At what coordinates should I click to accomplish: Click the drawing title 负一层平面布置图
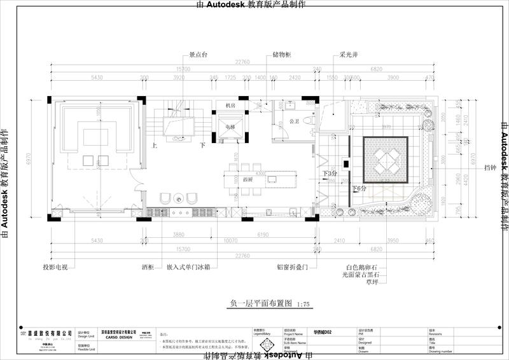coord(253,305)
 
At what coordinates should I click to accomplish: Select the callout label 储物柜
coord(281,55)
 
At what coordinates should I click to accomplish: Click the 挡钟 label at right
coord(489,167)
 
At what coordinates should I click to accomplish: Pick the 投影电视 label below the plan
coord(55,268)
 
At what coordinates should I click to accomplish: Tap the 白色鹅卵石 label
coord(361,268)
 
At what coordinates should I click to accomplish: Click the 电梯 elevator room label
coord(230,127)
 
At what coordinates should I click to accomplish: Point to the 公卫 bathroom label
coord(294,121)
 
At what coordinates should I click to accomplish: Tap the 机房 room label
coord(230,106)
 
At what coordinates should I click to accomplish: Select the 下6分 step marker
coord(360,189)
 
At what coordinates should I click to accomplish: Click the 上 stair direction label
coord(155,146)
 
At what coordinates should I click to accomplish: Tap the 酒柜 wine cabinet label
coord(147,268)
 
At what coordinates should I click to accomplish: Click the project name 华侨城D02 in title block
coord(323,331)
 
